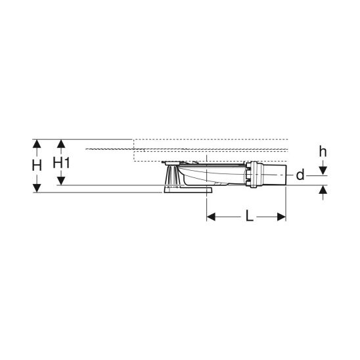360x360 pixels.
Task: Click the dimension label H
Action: [x=37, y=166]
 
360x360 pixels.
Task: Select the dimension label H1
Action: [x=61, y=163]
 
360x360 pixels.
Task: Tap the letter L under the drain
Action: [x=250, y=216]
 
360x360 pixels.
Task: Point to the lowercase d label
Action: [x=300, y=175]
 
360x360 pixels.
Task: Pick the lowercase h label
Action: [x=323, y=152]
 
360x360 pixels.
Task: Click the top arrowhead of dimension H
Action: [x=37, y=144]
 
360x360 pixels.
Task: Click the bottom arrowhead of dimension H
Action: [x=37, y=189]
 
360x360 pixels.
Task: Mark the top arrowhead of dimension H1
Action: [x=61, y=144]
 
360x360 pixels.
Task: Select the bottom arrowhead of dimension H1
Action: [x=61, y=181]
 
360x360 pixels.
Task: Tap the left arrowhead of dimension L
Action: [x=211, y=217]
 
